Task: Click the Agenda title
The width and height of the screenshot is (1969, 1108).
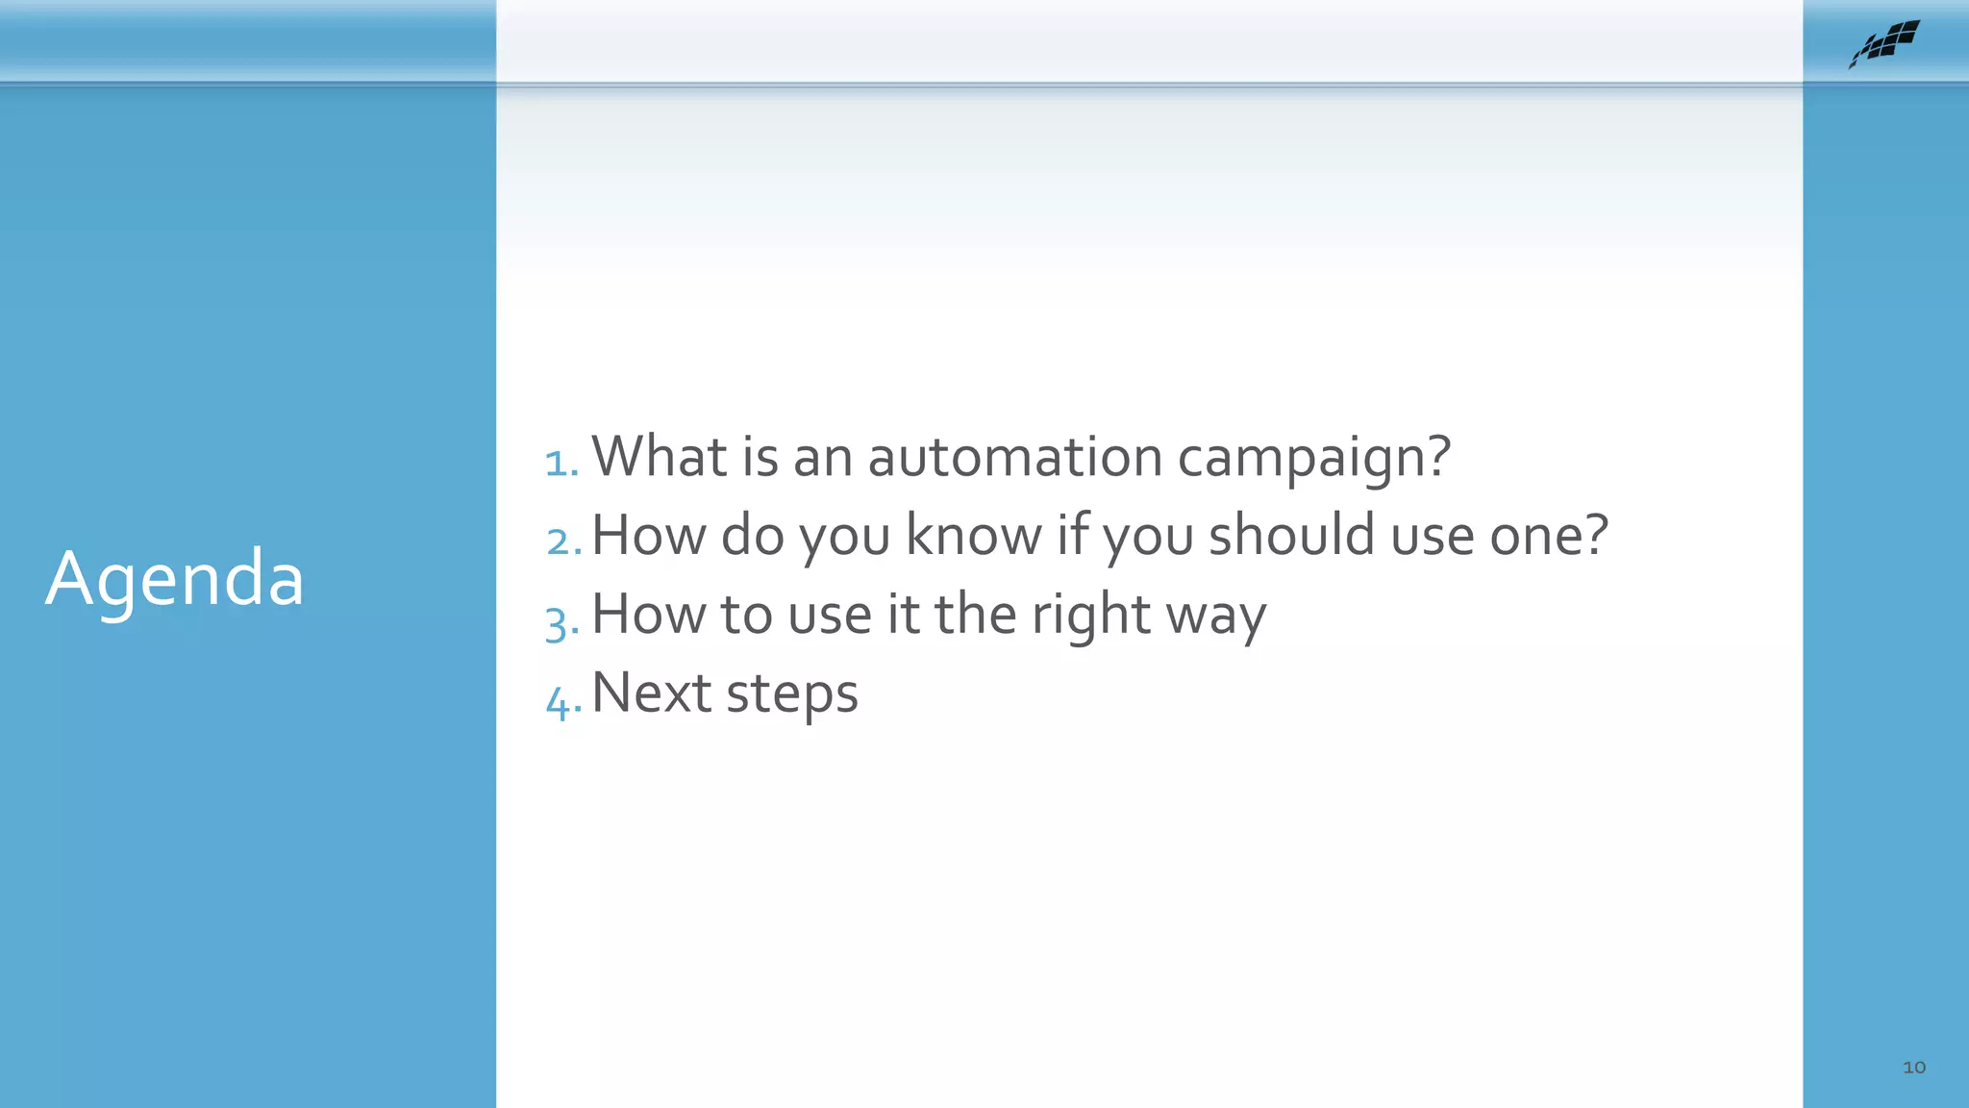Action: point(174,579)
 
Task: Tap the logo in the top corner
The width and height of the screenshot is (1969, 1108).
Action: point(1884,43)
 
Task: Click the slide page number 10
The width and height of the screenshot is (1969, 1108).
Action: point(1913,1067)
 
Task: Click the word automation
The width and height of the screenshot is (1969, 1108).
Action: point(1015,457)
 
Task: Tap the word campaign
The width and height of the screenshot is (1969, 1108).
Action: point(1300,457)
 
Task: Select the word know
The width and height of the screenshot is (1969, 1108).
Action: point(973,536)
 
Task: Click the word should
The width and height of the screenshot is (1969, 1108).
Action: point(1291,536)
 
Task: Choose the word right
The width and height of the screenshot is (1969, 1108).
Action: point(1090,616)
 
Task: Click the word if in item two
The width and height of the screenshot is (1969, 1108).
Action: point(1072,535)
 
